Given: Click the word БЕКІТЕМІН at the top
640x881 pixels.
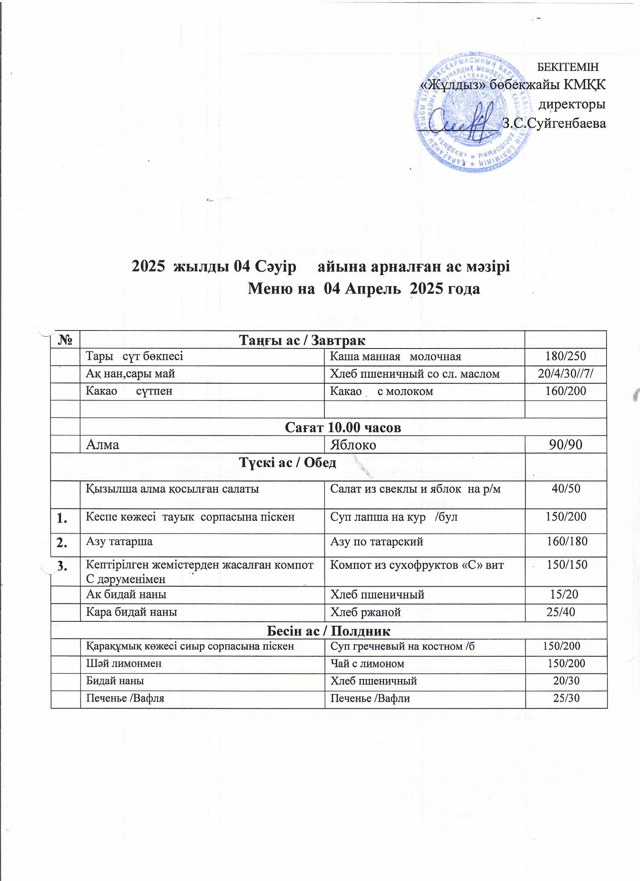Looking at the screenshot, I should (x=567, y=67).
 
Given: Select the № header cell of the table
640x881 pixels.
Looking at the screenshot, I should (x=66, y=340).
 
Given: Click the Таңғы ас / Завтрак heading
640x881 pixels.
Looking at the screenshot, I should (x=302, y=340).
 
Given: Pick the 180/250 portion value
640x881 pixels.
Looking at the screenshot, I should (x=565, y=356).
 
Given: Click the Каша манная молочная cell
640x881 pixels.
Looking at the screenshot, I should (x=395, y=356).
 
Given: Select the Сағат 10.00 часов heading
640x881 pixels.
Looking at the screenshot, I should (x=343, y=427).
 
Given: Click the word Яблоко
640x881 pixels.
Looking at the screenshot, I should (x=353, y=445).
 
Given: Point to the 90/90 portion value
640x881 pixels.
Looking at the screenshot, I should (x=565, y=445).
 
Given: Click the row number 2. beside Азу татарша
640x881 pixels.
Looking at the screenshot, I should (x=62, y=543).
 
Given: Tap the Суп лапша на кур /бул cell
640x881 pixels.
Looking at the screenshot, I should (x=393, y=517).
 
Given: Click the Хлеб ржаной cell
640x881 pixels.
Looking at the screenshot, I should (x=365, y=613).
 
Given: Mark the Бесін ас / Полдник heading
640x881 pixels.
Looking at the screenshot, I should (x=328, y=631).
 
